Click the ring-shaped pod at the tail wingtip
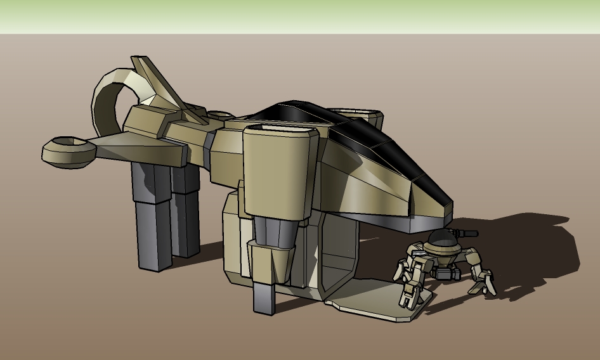(67, 151)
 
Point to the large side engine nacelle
(279, 171)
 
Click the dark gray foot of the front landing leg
(264, 297)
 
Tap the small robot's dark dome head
(442, 241)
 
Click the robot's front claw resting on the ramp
(409, 295)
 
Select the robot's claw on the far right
(482, 283)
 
